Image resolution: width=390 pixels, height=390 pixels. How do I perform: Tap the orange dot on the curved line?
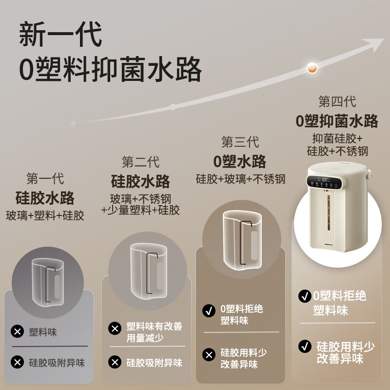[x=312, y=68]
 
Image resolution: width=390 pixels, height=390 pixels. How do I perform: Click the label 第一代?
[x=45, y=179]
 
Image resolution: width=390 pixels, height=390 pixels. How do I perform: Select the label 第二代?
[x=140, y=162]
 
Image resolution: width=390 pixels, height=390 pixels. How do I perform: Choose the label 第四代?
[x=337, y=101]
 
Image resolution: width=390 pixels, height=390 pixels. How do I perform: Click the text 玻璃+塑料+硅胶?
[x=45, y=215]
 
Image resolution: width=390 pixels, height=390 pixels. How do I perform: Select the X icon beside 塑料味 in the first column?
[x=18, y=332]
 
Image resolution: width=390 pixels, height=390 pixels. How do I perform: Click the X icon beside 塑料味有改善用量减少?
[x=115, y=328]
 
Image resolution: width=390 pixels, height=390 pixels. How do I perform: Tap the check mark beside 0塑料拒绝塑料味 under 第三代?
[x=209, y=310]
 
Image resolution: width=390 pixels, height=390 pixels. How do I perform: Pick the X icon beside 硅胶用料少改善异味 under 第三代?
[x=209, y=354]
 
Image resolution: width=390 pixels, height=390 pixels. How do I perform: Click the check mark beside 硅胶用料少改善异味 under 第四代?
[x=305, y=346]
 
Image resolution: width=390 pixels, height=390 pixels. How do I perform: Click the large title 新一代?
[x=61, y=35]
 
